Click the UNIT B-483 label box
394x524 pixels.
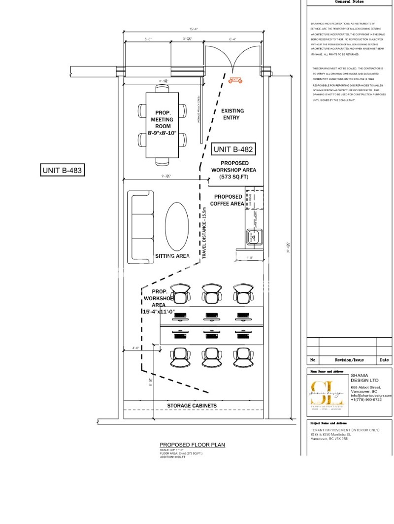[x=63, y=171]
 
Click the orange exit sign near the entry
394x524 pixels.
[x=235, y=80]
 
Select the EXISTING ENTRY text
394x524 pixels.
[x=232, y=114]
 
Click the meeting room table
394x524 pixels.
[x=162, y=125]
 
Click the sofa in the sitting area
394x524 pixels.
[x=140, y=227]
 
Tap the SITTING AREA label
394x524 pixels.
[x=172, y=256]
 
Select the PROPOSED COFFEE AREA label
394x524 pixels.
[x=228, y=200]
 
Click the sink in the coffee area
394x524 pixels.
[x=255, y=238]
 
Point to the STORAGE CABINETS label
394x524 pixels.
[x=192, y=406]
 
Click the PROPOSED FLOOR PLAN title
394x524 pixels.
[x=192, y=445]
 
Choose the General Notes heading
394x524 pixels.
[x=350, y=2]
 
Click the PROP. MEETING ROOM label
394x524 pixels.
[x=162, y=123]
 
